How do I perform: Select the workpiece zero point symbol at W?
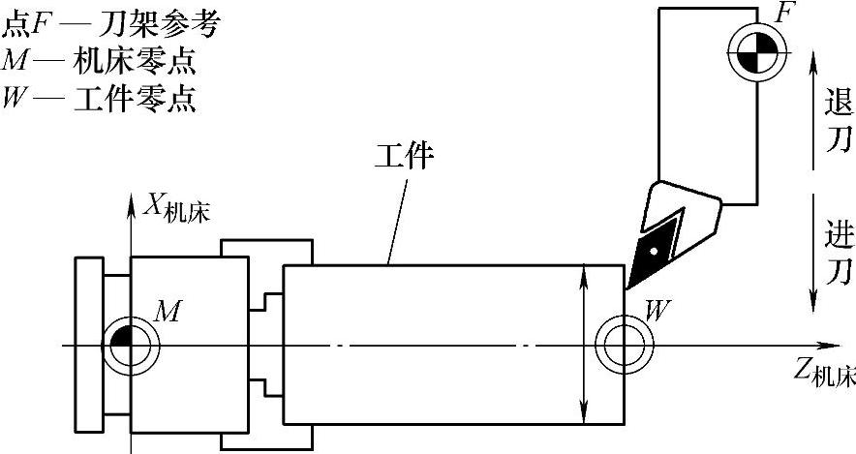622,344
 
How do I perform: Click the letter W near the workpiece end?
657,310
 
